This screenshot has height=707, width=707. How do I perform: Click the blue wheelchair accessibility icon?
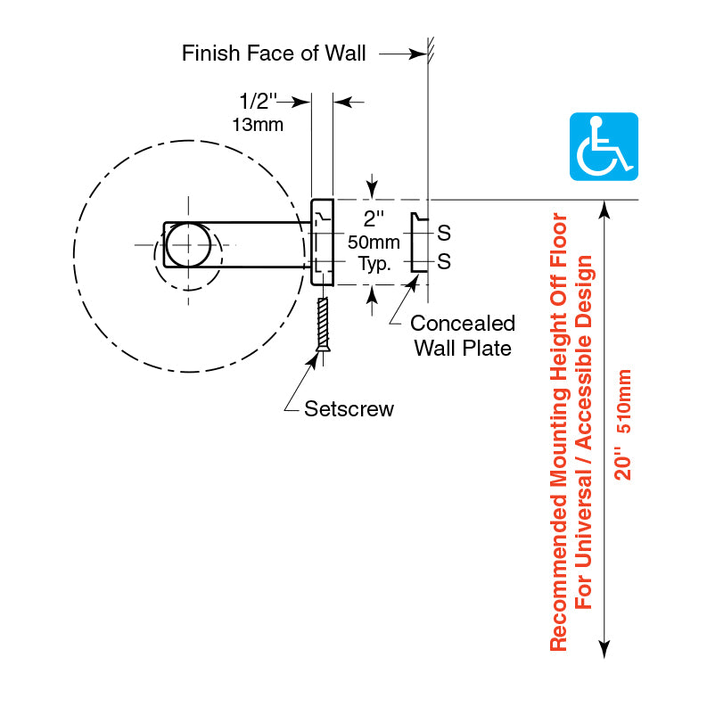(604, 146)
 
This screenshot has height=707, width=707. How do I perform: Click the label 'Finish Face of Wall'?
(274, 53)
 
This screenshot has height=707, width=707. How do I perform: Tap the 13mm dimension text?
(258, 125)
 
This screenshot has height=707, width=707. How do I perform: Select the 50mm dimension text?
(373, 243)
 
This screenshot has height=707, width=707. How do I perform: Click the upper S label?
(444, 234)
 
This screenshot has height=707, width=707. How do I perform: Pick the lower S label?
(444, 262)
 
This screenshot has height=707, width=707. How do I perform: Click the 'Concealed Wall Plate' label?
(463, 335)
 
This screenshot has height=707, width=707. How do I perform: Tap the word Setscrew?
(349, 409)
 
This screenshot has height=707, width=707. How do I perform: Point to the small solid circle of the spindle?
(188, 243)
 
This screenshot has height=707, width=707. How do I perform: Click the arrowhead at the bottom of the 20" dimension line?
(605, 650)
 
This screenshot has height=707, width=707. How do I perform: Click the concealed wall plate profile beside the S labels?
(415, 243)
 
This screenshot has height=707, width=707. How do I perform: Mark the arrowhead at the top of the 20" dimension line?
(605, 209)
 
